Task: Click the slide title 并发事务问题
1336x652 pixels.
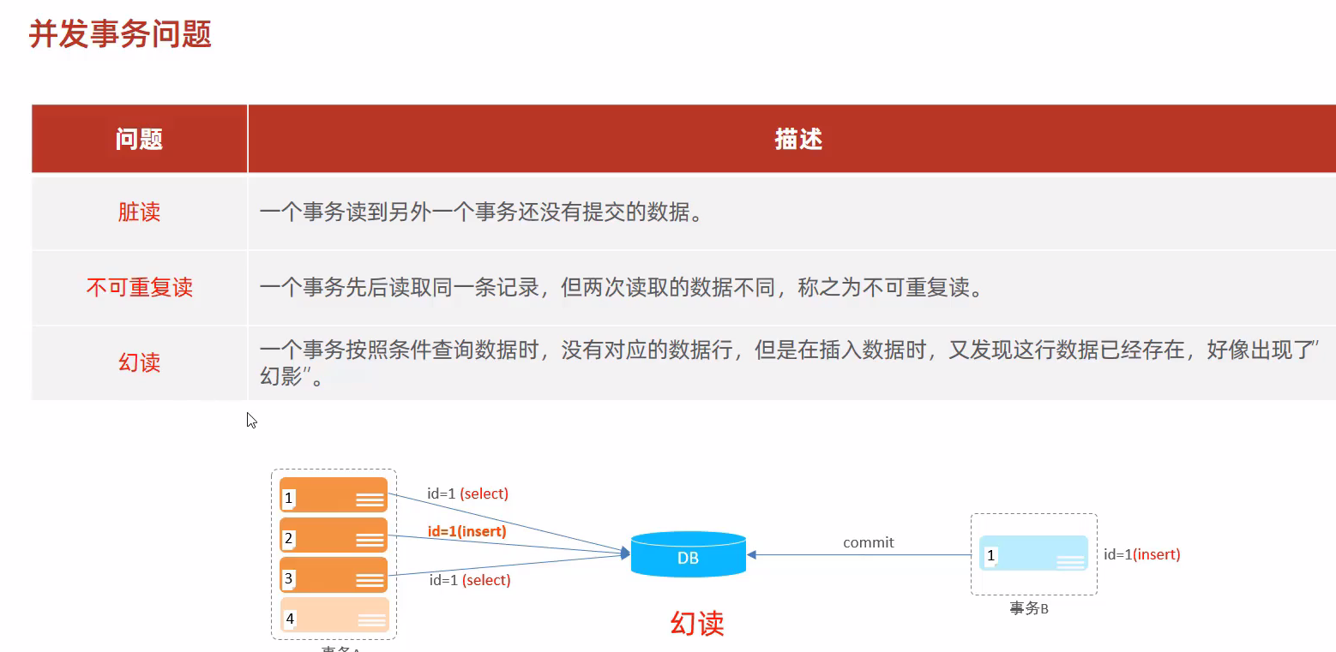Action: click(x=121, y=35)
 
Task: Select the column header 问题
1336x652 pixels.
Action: click(x=139, y=140)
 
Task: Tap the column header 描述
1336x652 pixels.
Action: click(x=798, y=140)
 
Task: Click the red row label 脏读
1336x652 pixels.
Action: click(x=139, y=212)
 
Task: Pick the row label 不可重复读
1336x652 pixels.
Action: click(x=139, y=288)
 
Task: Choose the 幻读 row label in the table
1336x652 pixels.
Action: click(x=139, y=362)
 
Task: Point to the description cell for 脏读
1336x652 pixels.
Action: click(x=481, y=212)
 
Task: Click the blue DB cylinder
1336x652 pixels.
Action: click(x=688, y=554)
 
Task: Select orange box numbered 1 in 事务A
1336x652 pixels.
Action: click(x=334, y=495)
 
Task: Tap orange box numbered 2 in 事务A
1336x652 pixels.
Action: click(x=334, y=535)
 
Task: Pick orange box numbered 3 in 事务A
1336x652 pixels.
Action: click(x=334, y=575)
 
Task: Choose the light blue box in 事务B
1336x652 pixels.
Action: click(x=1033, y=553)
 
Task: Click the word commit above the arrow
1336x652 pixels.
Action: click(x=868, y=542)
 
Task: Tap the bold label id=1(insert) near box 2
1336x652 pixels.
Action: click(x=466, y=531)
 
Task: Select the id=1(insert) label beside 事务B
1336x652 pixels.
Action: click(x=1141, y=554)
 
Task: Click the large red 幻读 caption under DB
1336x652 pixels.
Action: click(x=697, y=623)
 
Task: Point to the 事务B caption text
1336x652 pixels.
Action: click(x=1029, y=609)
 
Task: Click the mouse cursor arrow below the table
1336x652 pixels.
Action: click(x=250, y=419)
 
